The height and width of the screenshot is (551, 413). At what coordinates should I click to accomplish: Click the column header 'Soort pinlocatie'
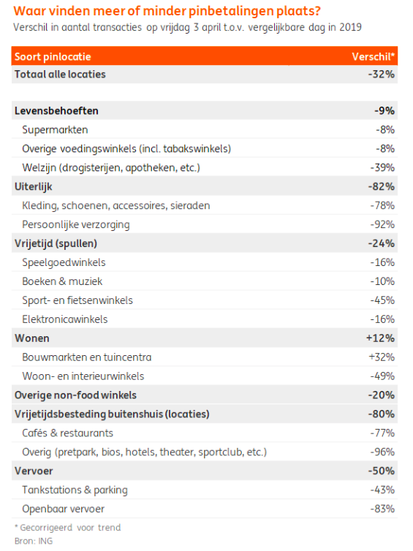pyautogui.click(x=53, y=56)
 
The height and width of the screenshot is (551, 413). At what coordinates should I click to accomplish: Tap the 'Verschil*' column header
pyautogui.click(x=374, y=56)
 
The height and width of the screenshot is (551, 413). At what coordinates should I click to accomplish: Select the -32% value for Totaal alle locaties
pyautogui.click(x=382, y=74)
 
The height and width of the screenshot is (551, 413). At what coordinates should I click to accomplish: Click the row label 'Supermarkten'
pyautogui.click(x=55, y=129)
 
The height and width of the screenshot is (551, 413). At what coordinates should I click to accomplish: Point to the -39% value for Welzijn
pyautogui.click(x=382, y=167)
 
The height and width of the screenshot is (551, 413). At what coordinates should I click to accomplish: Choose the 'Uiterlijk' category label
pyautogui.click(x=34, y=186)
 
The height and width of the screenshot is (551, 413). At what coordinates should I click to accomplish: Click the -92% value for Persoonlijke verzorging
pyautogui.click(x=382, y=224)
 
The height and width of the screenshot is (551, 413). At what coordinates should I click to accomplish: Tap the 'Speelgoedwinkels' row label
pyautogui.click(x=64, y=262)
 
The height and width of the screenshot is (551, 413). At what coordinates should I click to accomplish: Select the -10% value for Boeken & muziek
pyautogui.click(x=382, y=281)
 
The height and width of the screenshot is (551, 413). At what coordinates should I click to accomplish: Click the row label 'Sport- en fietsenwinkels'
pyautogui.click(x=77, y=300)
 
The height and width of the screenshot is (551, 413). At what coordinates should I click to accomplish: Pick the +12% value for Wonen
pyautogui.click(x=380, y=338)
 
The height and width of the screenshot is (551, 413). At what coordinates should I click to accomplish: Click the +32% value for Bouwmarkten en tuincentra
pyautogui.click(x=382, y=357)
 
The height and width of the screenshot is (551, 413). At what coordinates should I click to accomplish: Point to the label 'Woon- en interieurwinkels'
pyautogui.click(x=83, y=376)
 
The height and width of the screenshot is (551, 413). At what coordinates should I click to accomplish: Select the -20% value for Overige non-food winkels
pyautogui.click(x=382, y=395)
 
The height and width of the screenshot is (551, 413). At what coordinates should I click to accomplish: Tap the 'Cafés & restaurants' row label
pyautogui.click(x=67, y=433)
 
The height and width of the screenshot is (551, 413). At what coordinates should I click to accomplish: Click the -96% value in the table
pyautogui.click(x=382, y=452)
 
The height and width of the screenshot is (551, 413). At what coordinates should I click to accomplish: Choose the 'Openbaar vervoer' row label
pyautogui.click(x=64, y=509)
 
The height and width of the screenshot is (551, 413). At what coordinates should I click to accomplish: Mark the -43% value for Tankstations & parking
pyautogui.click(x=382, y=490)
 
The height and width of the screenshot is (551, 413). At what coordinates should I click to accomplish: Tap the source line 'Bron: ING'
pyautogui.click(x=34, y=541)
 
